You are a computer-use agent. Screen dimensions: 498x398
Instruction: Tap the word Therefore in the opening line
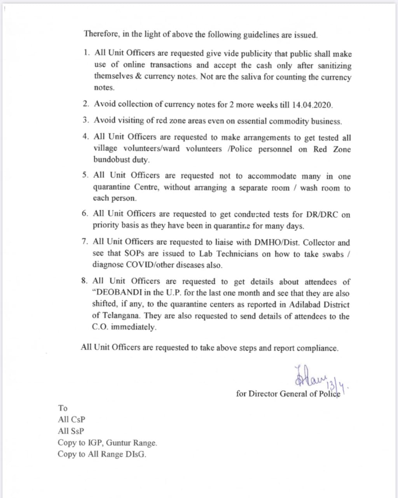(x=102, y=34)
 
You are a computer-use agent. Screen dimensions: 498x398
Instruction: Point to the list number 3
(x=86, y=120)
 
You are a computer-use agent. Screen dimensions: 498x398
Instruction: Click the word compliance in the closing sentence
(x=319, y=348)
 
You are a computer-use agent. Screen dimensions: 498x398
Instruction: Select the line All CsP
(x=71, y=420)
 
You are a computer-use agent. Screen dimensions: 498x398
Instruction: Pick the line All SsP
(x=71, y=431)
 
